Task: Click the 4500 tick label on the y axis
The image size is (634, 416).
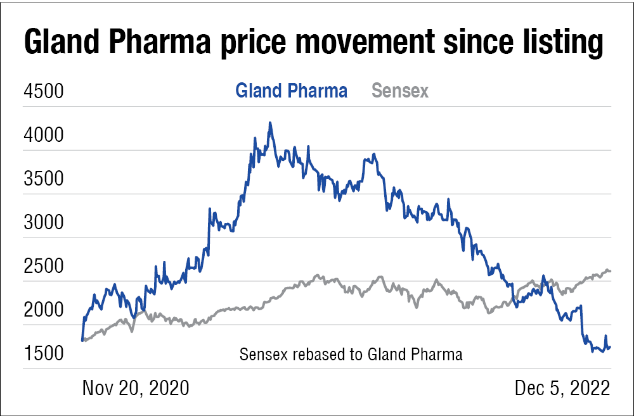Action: click(43, 91)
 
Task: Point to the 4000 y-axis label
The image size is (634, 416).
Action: click(43, 135)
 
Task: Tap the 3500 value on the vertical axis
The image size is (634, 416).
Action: click(43, 179)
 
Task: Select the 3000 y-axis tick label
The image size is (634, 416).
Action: click(43, 222)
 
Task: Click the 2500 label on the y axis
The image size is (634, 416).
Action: click(43, 266)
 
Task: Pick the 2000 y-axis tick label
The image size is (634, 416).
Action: click(43, 310)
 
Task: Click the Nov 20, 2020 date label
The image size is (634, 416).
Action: click(136, 388)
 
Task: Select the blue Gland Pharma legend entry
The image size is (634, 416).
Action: click(291, 91)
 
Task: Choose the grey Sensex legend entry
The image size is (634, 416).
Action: click(400, 91)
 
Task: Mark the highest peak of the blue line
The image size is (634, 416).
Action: click(270, 123)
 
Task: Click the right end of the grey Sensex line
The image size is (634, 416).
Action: click(609, 271)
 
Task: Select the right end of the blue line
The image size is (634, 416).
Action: click(609, 346)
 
